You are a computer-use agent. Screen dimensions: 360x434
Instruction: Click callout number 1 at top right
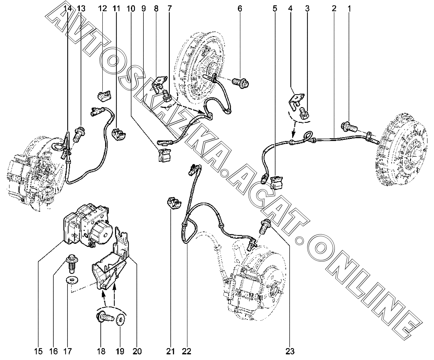tap(349, 8)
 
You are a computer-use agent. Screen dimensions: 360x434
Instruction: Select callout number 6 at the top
tap(240, 8)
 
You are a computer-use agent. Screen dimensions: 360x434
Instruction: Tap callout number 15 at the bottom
tap(38, 351)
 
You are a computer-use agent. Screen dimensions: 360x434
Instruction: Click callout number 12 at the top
tap(102, 8)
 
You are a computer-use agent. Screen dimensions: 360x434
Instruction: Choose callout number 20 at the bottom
tap(137, 351)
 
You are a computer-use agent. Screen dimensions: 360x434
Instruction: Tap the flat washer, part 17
tap(72, 280)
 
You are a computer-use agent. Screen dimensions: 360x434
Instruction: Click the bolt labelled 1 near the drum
tap(349, 127)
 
